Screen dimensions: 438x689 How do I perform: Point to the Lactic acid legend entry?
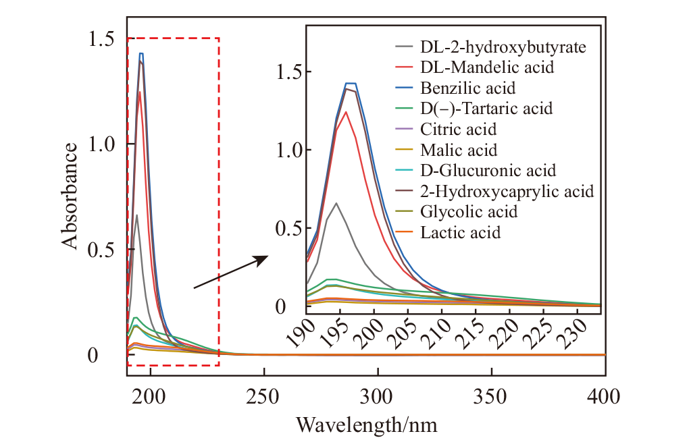460,233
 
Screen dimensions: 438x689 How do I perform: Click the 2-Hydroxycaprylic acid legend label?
507,192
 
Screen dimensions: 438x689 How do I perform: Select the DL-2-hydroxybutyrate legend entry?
502,47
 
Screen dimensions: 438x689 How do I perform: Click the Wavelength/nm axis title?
366,425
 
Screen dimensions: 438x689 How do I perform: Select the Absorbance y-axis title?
71,196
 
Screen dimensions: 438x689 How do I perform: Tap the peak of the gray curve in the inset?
336,202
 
